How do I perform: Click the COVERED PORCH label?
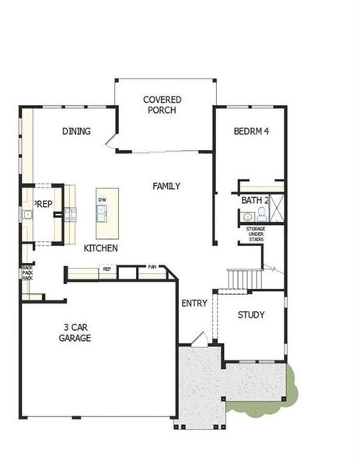point(163,105)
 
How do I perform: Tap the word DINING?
point(77,132)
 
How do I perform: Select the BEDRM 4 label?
point(251,132)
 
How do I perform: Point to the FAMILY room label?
point(166,186)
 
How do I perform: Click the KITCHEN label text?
point(101,248)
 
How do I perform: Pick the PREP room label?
point(43,204)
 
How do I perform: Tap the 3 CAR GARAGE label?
point(76,332)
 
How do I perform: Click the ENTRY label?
point(194,303)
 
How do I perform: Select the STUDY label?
point(252,315)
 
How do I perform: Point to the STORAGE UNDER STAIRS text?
point(256,233)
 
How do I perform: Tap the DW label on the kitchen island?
point(102,200)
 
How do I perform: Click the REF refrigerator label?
point(107,269)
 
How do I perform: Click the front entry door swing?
point(199,338)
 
